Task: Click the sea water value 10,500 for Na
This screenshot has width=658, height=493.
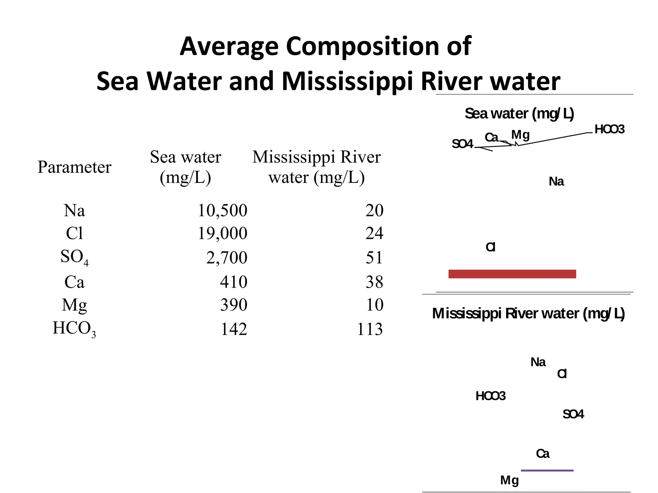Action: point(222,211)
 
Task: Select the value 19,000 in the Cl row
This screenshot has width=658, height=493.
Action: point(222,233)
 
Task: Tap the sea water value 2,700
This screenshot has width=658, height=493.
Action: point(227,258)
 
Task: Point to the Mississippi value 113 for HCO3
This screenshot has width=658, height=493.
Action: point(370,329)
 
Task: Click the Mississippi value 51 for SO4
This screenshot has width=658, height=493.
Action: point(374,258)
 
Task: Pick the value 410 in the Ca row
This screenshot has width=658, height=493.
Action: point(234,282)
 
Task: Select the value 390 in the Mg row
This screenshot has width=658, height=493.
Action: point(234,305)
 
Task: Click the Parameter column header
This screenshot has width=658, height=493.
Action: point(74,167)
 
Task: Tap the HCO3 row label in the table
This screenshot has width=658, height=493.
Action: point(74,329)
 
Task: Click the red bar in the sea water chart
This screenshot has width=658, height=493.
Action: point(512,274)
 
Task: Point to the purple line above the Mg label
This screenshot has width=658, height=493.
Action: point(547,471)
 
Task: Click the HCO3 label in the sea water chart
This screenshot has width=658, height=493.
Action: point(609,129)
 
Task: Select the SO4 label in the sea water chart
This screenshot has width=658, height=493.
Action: point(462,144)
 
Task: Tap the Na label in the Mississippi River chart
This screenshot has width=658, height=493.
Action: point(538,362)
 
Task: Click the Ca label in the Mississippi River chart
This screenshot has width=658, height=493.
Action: point(543,454)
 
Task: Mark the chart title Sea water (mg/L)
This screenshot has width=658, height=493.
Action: point(519,114)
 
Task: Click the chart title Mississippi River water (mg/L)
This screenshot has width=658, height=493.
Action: point(528,314)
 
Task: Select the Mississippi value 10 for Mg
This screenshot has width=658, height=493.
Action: point(375,305)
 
